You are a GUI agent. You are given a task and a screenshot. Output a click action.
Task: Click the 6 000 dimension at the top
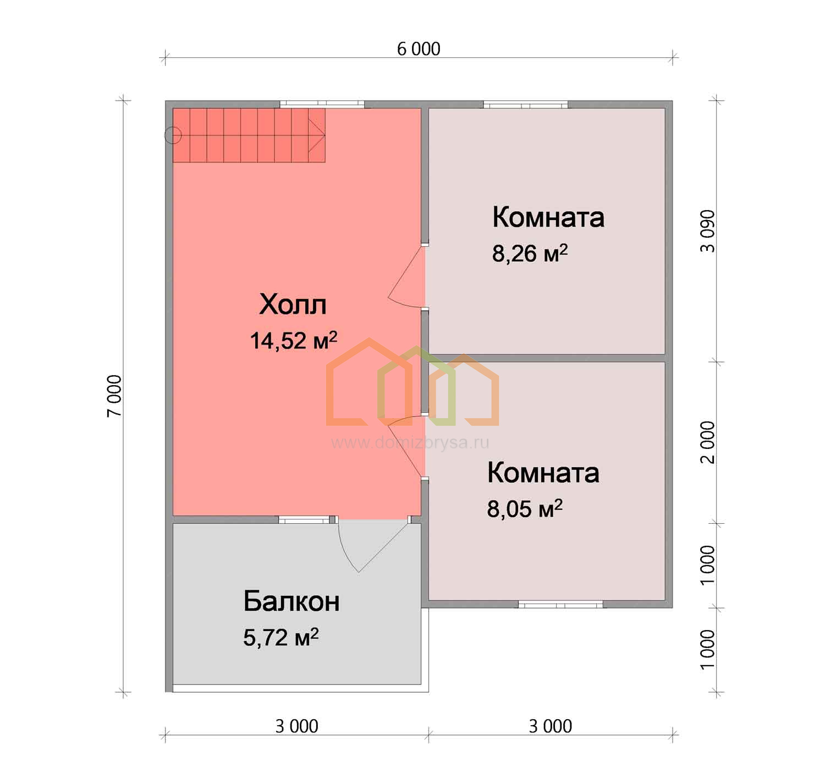(x=419, y=49)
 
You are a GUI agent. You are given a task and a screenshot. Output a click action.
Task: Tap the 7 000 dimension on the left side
(x=114, y=396)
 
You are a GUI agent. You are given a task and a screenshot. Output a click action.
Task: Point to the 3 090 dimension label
(x=707, y=231)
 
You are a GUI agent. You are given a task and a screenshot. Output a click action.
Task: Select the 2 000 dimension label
(x=707, y=442)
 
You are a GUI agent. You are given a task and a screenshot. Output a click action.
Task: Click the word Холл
(x=293, y=305)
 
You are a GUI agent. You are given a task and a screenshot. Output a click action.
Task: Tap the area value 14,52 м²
(x=293, y=340)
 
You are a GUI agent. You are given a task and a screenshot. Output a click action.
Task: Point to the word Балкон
(x=291, y=601)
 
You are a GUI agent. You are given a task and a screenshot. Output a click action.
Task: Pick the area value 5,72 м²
(x=281, y=637)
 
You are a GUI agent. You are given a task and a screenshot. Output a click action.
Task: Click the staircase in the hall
(x=249, y=135)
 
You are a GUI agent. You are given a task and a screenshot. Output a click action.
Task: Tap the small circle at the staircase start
(x=173, y=135)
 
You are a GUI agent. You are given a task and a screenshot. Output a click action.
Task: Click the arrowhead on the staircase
(x=317, y=135)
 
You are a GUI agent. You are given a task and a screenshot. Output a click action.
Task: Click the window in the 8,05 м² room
(x=560, y=605)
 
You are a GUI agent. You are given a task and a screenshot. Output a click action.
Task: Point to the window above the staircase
(x=322, y=104)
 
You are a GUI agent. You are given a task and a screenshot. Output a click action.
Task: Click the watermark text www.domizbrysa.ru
(x=410, y=442)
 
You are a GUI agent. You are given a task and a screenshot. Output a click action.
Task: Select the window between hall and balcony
(x=304, y=519)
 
